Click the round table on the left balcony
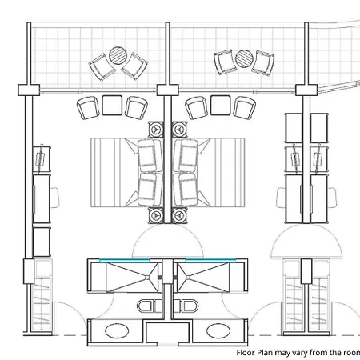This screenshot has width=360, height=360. tap(118, 55)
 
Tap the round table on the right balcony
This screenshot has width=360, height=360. tap(244, 58)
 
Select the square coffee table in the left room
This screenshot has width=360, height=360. tap(112, 106)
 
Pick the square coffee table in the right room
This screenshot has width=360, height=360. tap(220, 106)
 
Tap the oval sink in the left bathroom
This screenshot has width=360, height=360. tap(117, 330)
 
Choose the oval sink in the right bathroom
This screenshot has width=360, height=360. tap(218, 330)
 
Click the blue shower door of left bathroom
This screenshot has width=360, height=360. tap(125, 260)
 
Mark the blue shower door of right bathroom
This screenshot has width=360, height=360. tap(210, 260)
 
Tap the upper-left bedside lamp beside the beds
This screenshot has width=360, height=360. tap(155, 130)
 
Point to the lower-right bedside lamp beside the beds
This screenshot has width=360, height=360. tap(179, 215)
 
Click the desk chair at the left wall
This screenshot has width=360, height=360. tap(54, 198)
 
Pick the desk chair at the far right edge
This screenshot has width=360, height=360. tap(332, 198)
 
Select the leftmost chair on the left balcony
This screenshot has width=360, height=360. tap(102, 67)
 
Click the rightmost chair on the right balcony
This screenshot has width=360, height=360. tap(263, 63)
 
